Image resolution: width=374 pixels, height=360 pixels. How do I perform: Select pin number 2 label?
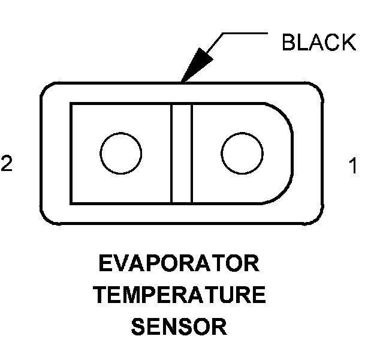(x=6, y=164)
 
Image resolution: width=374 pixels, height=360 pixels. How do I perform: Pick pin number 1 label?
(x=353, y=165)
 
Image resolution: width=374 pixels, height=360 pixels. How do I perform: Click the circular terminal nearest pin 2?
(x=121, y=152)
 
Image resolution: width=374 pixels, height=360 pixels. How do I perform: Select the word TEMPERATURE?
(x=179, y=296)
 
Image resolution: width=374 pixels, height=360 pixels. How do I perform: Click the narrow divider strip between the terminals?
(x=182, y=153)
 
